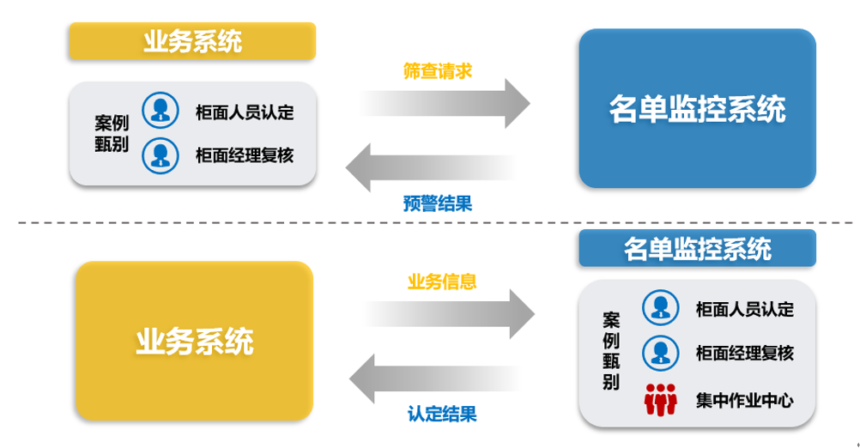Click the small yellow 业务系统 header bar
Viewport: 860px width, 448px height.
(x=192, y=41)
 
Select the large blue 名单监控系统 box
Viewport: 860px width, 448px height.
(x=696, y=109)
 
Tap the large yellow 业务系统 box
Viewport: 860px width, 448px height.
(x=194, y=341)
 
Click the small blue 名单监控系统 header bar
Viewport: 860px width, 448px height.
(x=696, y=249)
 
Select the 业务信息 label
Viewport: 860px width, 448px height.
(x=441, y=282)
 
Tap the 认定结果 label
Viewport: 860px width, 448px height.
(x=441, y=414)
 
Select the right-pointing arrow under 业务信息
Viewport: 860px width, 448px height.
(x=449, y=313)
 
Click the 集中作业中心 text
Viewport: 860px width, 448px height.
(x=744, y=400)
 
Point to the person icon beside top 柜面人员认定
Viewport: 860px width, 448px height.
(x=160, y=111)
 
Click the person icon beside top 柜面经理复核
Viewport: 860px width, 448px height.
(x=160, y=154)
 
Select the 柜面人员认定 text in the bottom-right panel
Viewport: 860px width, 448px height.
(x=744, y=309)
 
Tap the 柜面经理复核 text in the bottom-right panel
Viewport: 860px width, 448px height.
(x=744, y=353)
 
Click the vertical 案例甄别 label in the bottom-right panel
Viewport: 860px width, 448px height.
(x=611, y=351)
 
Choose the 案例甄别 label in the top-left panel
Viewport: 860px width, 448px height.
(x=112, y=134)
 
